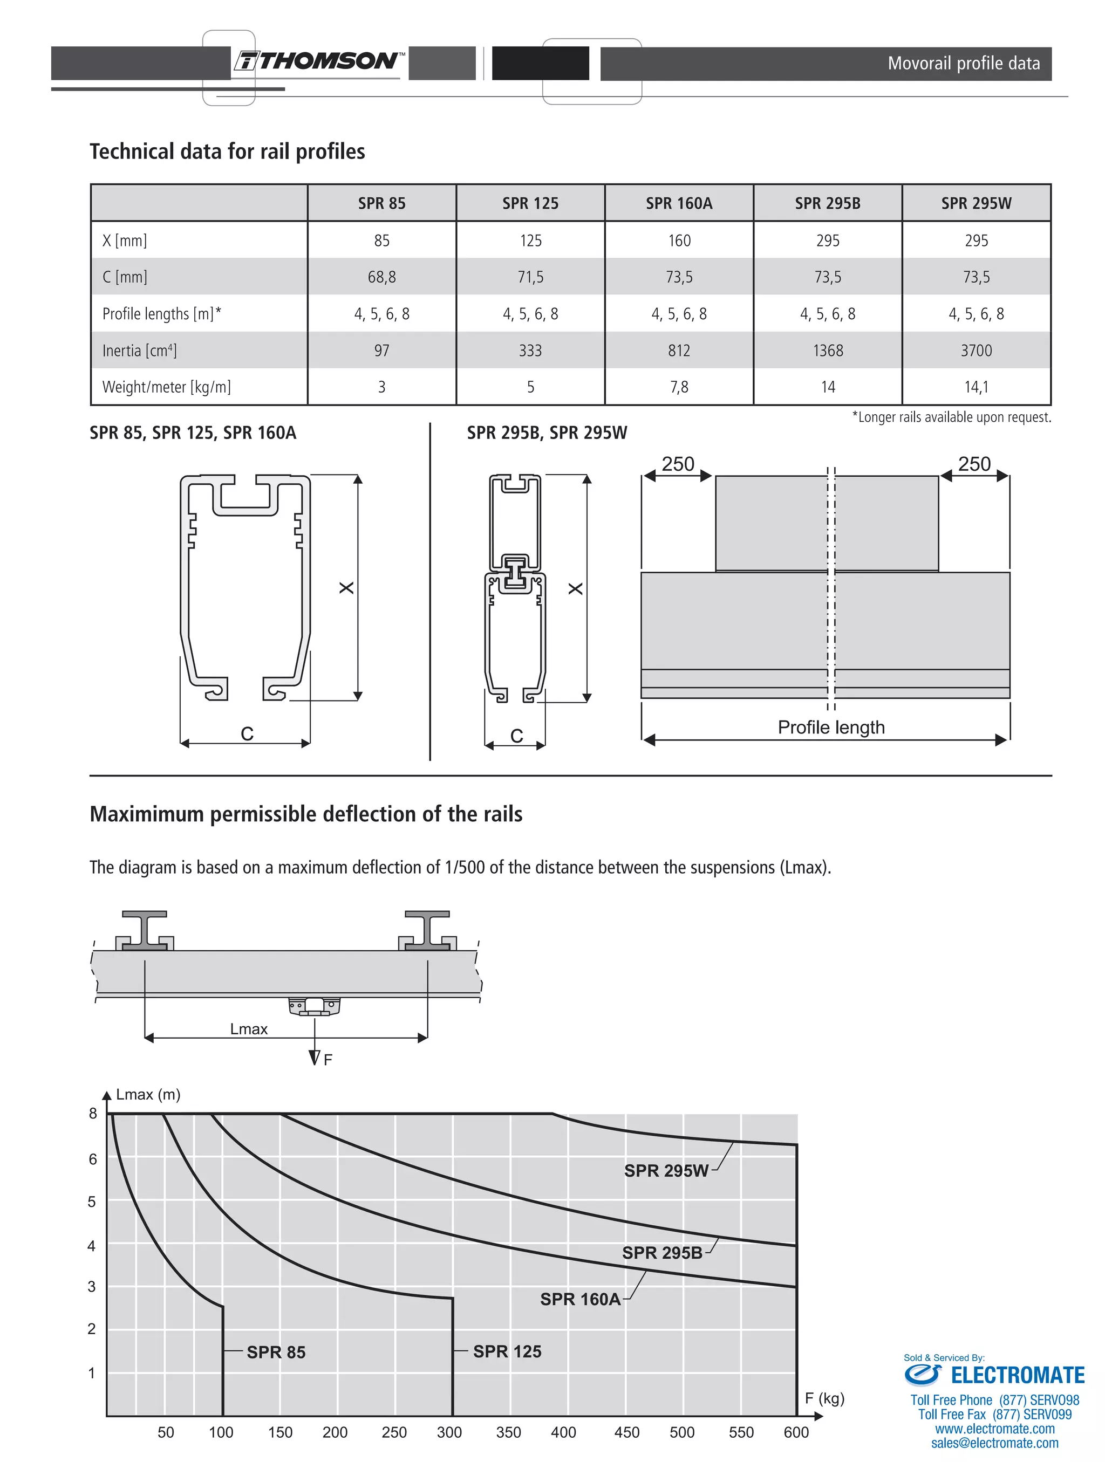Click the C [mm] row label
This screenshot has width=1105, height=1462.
pos(125,277)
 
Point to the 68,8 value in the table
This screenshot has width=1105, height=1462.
pos(381,277)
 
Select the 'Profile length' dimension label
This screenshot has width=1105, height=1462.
pos(830,727)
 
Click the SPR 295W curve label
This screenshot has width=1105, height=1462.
pos(666,1171)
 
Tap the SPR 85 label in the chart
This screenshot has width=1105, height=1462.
pos(276,1353)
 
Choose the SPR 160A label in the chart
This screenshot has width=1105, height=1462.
pos(580,1300)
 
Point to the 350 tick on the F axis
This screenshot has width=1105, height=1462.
pos(508,1432)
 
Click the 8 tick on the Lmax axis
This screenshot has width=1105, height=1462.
pos(93,1114)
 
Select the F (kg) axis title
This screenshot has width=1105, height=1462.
pos(824,1398)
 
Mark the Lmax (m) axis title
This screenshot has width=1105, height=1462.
pos(148,1095)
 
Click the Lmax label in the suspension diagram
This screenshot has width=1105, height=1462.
pos(249,1029)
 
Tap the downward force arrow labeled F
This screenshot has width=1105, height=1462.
pos(315,1051)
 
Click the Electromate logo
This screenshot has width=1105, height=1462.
pos(994,1375)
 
